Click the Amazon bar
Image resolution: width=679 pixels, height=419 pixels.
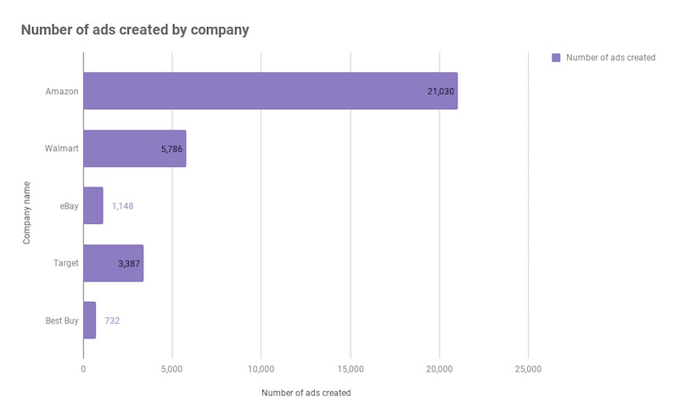[x=270, y=91]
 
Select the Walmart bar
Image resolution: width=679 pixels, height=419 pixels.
[x=134, y=148]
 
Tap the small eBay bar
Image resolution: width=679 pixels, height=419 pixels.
[x=93, y=205]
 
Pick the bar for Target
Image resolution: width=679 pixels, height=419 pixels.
[x=113, y=263]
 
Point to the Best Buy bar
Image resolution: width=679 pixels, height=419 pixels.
[x=89, y=320]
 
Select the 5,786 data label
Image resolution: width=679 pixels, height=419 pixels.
[x=171, y=149]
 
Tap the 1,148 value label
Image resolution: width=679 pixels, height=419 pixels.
[x=122, y=206]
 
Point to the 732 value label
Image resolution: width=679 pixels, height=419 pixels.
[x=112, y=321]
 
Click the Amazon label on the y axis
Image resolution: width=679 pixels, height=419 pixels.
[x=62, y=91]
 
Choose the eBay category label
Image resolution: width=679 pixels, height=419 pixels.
[x=67, y=206]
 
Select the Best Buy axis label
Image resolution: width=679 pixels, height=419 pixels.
[x=61, y=321]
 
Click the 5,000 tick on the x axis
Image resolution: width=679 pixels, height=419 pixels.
[x=172, y=369]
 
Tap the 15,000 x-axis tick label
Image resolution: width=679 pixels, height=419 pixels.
[x=350, y=369]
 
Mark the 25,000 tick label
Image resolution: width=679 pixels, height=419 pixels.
[x=528, y=369]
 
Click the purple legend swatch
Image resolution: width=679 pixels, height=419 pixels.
[x=556, y=58]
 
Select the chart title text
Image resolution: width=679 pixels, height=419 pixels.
[x=135, y=30]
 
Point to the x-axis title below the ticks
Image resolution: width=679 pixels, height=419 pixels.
[x=306, y=393]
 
